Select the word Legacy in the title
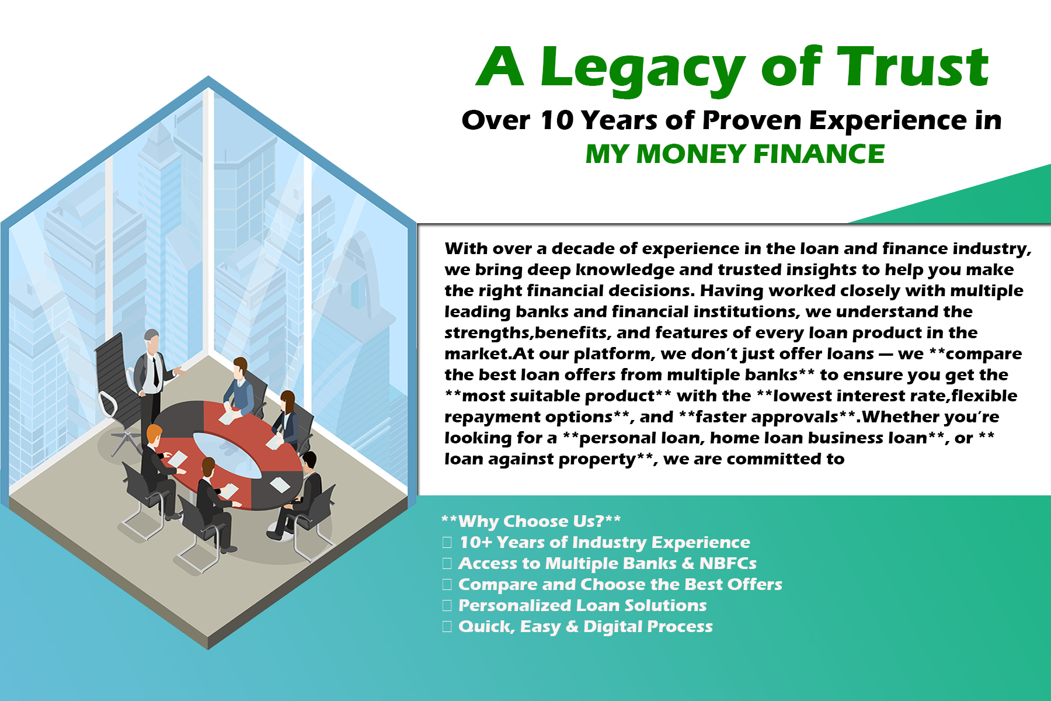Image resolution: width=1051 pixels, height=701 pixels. [643, 70]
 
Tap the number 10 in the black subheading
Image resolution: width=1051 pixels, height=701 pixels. [557, 120]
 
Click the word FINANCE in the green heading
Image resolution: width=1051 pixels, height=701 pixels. [819, 154]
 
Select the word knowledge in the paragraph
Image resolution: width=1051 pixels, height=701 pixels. [625, 270]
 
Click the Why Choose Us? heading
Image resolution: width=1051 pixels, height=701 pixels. [531, 521]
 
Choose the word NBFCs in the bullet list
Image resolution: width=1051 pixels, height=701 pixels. [728, 563]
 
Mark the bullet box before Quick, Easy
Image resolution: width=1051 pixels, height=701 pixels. [447, 627]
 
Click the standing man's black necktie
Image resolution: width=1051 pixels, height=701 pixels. [156, 372]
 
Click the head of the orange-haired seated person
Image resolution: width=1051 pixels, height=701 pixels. [154, 435]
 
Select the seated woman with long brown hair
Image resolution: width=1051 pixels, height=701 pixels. [286, 418]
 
